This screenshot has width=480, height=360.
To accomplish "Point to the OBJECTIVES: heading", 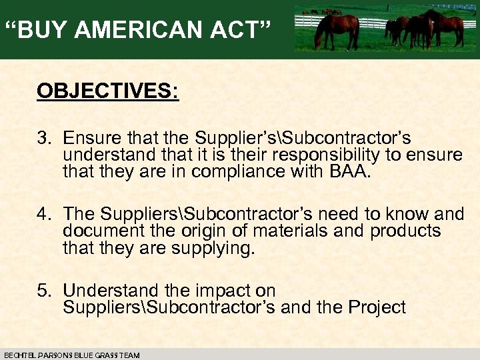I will (x=108, y=91).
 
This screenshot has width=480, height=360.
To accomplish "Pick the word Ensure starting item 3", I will (x=93, y=139).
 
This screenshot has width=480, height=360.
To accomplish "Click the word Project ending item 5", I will (x=378, y=307).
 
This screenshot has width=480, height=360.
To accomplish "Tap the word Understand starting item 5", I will (x=111, y=291).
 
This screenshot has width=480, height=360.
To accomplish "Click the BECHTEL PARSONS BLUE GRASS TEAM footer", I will (x=72, y=355).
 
